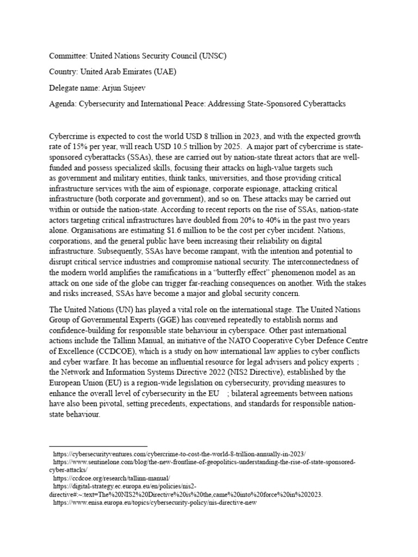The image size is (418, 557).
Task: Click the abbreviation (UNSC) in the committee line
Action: point(207,56)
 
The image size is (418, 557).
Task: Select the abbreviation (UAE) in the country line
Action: point(179,71)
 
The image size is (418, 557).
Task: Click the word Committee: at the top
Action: point(68,56)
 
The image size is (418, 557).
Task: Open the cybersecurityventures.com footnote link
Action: point(179,454)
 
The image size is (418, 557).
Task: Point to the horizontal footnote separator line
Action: point(87,445)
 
